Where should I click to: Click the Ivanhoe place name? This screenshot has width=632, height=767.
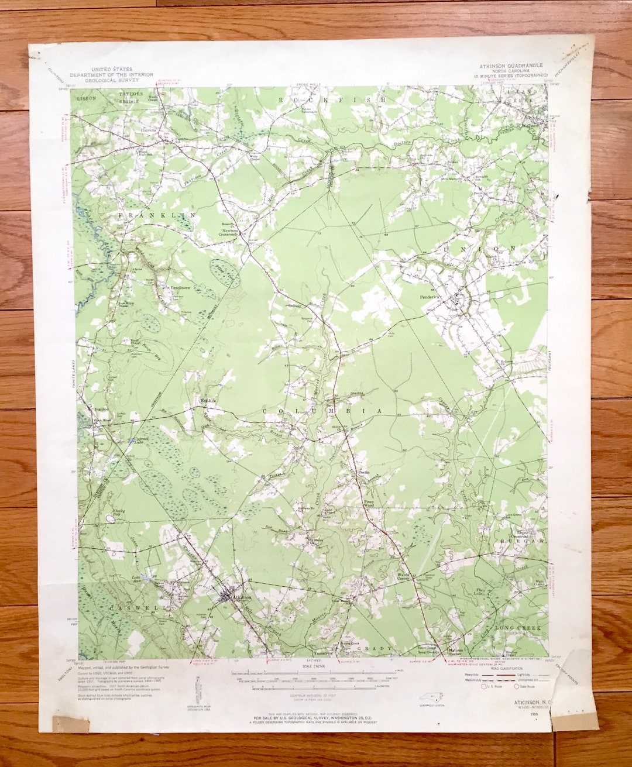click(x=101, y=409)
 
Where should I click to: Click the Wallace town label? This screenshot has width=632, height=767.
click(x=533, y=125)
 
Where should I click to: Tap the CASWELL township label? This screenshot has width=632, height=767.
click(x=130, y=608)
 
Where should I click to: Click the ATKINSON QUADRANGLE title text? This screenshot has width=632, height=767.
click(x=507, y=66)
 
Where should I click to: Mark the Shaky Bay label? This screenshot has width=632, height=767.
click(x=119, y=511)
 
